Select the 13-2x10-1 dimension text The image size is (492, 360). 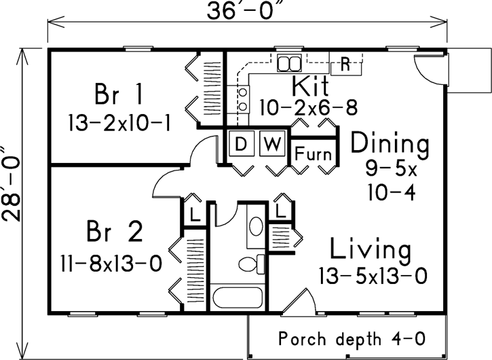pyautogui.click(x=119, y=123)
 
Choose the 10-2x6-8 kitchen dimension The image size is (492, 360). pyautogui.click(x=308, y=107)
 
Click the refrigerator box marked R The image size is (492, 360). pyautogui.click(x=344, y=66)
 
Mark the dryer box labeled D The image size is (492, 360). pyautogui.click(x=240, y=143)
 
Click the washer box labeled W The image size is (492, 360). pyautogui.click(x=271, y=143)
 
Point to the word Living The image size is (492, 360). pyautogui.click(x=371, y=250)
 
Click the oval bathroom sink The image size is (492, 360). pyautogui.click(x=257, y=228)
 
